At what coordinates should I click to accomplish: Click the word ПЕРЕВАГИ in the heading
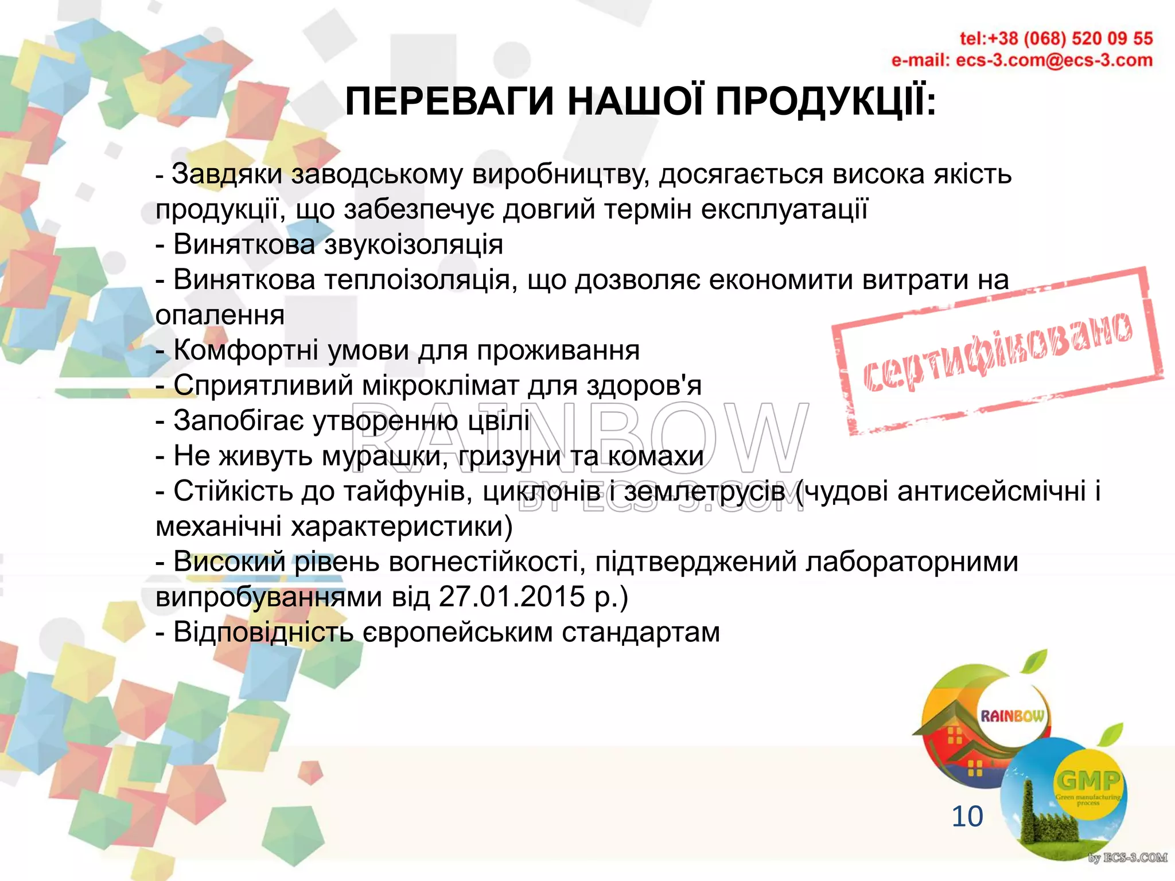tap(449, 102)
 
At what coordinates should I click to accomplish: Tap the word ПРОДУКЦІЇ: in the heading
tap(826, 102)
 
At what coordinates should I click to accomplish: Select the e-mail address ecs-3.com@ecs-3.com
tap(1053, 60)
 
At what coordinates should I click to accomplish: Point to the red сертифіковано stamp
tap(998, 351)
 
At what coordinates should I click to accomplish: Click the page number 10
tap(967, 816)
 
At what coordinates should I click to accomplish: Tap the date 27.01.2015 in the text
tap(512, 597)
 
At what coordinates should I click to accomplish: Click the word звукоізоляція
tap(414, 245)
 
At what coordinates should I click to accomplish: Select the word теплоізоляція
tap(418, 280)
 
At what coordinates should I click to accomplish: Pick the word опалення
tap(220, 316)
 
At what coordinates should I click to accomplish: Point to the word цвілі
tap(499, 421)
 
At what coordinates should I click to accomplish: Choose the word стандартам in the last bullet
tap(640, 633)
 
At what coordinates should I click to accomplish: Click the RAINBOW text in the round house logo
tap(1012, 716)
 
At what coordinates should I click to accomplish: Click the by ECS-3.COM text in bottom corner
tap(1127, 858)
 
